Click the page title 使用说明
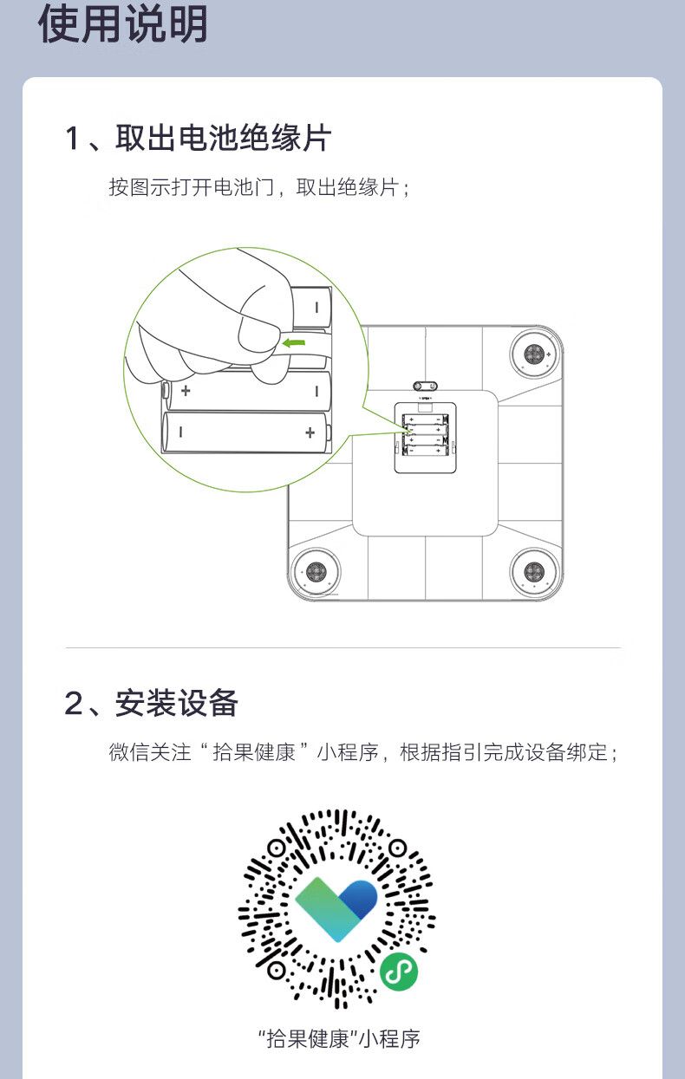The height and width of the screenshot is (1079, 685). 123,24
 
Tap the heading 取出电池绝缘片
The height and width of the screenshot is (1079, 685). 223,138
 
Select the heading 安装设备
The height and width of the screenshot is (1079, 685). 176,703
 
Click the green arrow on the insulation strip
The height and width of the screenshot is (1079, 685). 294,343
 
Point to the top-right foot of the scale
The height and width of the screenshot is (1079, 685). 534,354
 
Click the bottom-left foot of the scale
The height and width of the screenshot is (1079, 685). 316,572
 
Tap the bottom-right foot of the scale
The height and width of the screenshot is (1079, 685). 534,572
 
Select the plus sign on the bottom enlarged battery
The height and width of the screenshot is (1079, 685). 310,432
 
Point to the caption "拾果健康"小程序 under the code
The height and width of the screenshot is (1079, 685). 339,1039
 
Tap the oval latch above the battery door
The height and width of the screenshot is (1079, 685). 425,386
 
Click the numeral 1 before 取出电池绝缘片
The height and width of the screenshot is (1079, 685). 72,139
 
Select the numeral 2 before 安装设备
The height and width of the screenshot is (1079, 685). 74,703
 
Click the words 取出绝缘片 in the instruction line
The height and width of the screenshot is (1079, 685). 348,187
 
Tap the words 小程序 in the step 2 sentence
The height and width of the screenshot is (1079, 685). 348,752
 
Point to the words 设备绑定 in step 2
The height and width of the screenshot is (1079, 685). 566,752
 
